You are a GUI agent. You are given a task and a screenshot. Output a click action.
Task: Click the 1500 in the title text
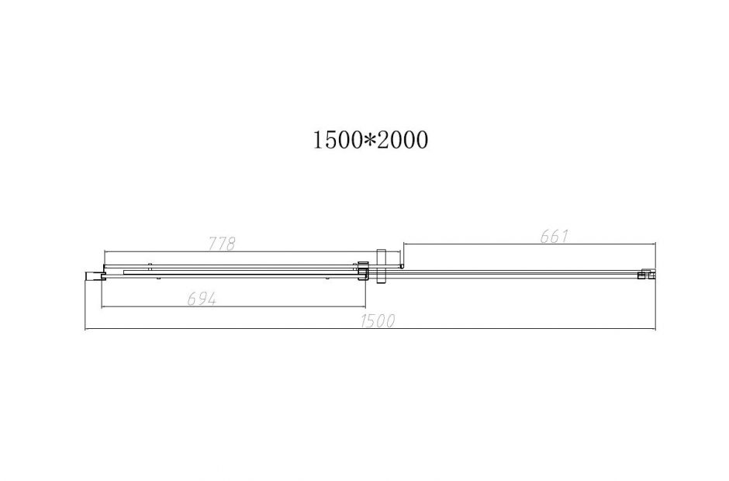click(x=337, y=140)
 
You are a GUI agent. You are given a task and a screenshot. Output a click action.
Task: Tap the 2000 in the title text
click(x=403, y=140)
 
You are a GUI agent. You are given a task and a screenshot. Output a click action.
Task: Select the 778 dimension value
click(x=222, y=244)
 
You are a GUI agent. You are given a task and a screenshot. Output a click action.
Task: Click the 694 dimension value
click(x=202, y=299)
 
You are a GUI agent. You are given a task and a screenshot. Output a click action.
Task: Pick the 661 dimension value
click(x=555, y=237)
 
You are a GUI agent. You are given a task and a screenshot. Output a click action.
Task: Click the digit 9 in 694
click(x=202, y=299)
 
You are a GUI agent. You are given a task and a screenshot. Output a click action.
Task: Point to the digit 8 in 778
click(x=231, y=244)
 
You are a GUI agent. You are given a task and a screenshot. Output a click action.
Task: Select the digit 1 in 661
click(x=565, y=237)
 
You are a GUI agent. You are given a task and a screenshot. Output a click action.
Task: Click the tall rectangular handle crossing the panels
click(x=381, y=266)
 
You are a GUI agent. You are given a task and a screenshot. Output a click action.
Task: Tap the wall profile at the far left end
click(x=92, y=275)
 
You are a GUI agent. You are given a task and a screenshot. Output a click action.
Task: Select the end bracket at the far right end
click(x=646, y=275)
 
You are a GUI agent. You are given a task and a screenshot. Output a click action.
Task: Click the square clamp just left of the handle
click(x=361, y=268)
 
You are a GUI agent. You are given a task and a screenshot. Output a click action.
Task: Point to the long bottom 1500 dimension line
click(x=233, y=330)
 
